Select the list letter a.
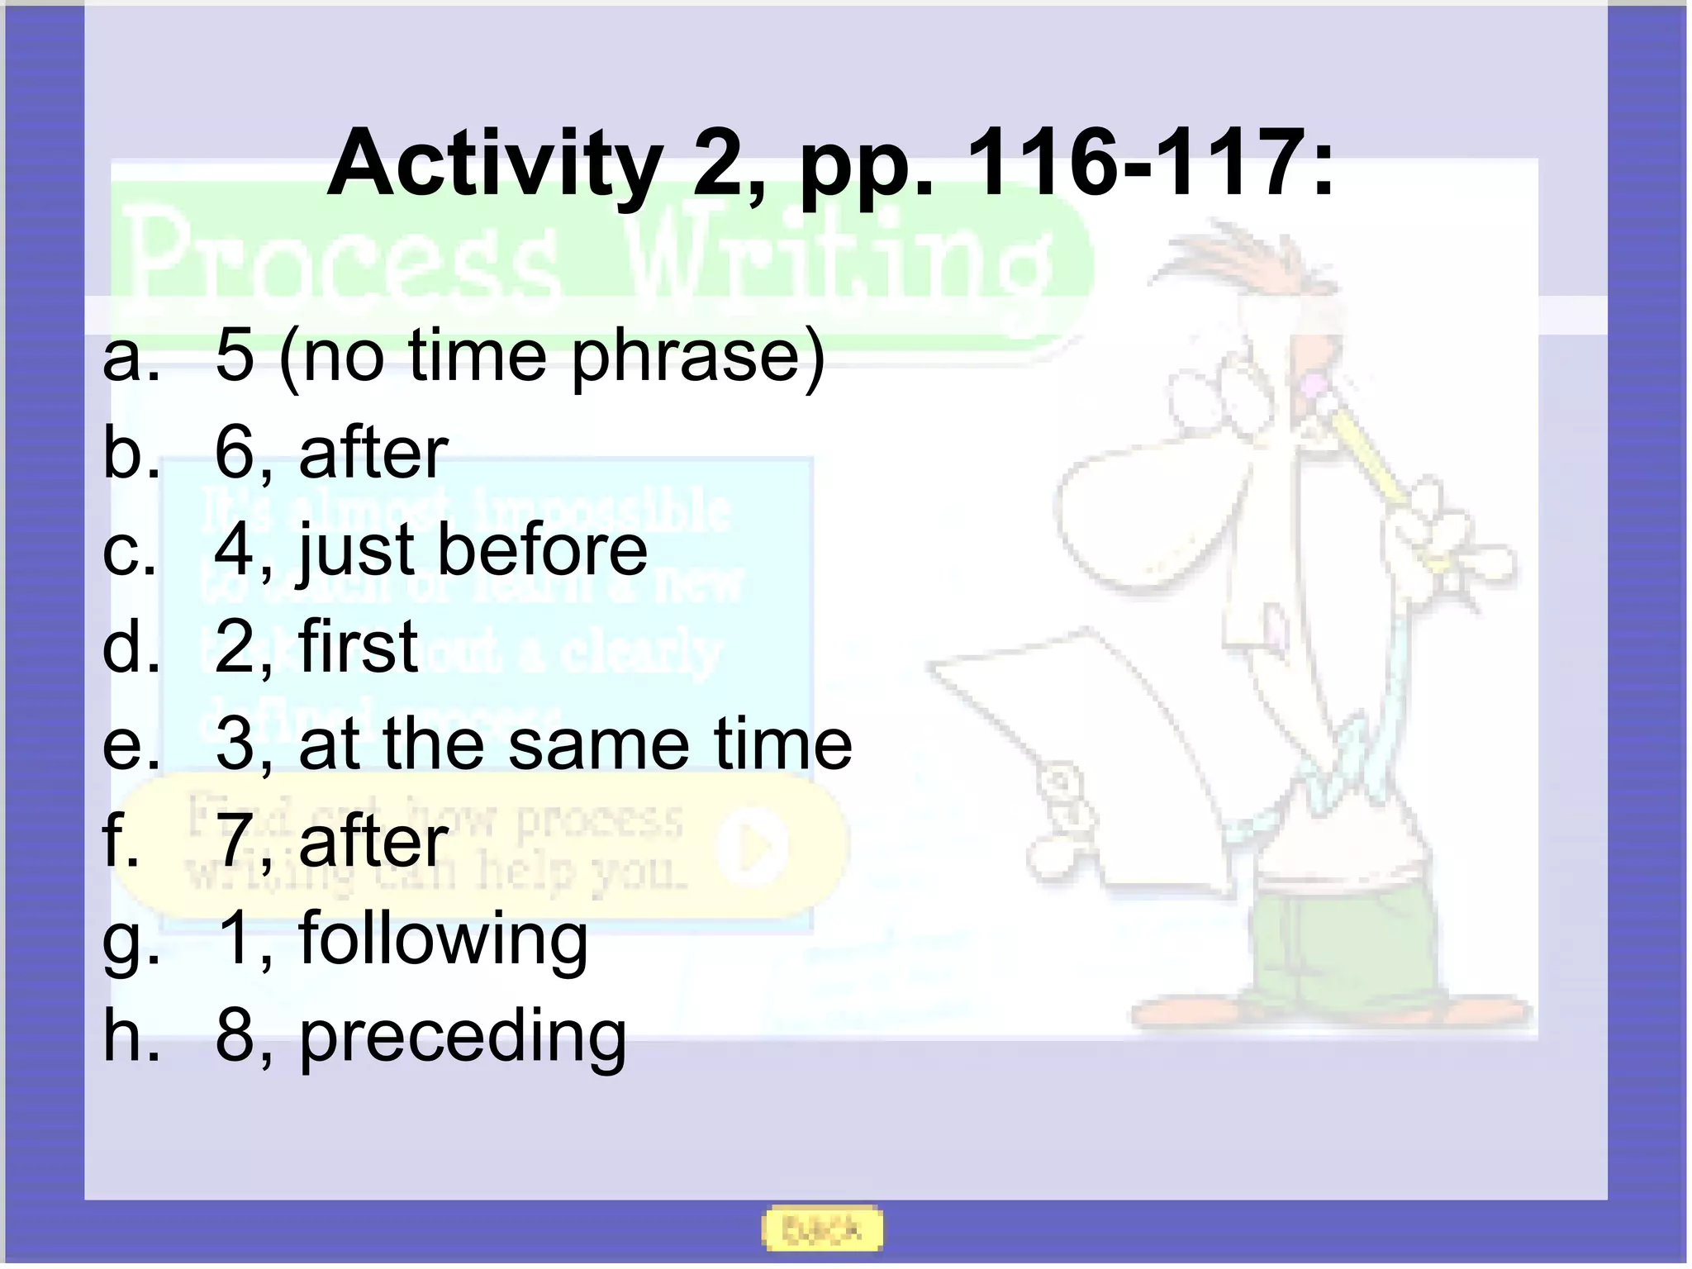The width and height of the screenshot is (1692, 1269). click(x=131, y=357)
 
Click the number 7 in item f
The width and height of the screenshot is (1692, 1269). click(x=234, y=840)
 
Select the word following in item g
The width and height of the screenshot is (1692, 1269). click(x=443, y=939)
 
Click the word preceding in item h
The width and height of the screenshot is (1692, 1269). click(x=463, y=1037)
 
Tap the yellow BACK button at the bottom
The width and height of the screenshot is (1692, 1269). click(x=821, y=1229)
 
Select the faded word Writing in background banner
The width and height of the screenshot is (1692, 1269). click(x=834, y=260)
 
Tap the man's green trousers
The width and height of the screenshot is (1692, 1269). click(x=1338, y=950)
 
